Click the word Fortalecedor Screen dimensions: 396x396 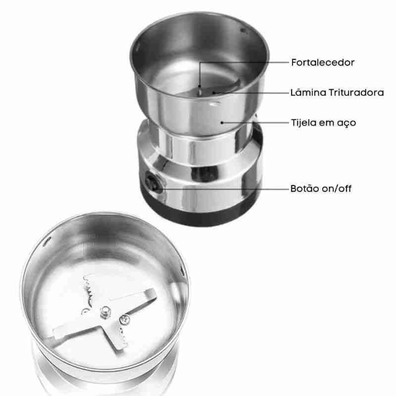tap(323, 62)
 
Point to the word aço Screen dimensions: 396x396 tap(347, 123)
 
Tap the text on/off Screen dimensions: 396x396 tap(337, 189)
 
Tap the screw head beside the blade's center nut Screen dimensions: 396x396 tap(125, 319)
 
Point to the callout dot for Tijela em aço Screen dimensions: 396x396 tap(222, 123)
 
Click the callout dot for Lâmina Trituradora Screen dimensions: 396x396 tap(214, 93)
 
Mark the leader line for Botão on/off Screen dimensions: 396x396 tap(223, 189)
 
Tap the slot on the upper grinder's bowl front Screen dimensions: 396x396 tap(215, 103)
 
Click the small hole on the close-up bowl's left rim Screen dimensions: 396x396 tap(47, 242)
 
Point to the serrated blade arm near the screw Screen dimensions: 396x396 tap(119, 336)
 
